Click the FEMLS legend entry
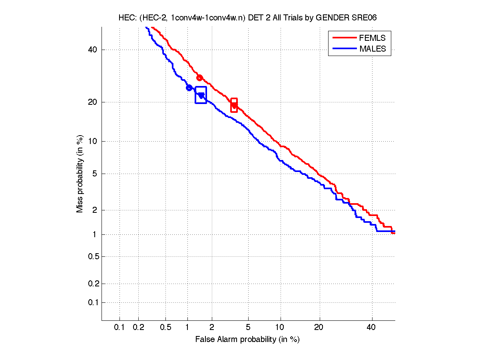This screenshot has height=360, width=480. coord(372,38)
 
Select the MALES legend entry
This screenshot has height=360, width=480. coord(372,49)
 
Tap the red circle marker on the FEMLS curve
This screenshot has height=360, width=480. coord(199,78)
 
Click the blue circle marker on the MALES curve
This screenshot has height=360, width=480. coord(189,88)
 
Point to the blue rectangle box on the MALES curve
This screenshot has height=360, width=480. coord(201,95)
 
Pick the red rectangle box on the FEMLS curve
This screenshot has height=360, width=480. coord(234,105)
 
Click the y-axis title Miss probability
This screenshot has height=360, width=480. coord(80,173)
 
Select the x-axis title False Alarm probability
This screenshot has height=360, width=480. coord(247,340)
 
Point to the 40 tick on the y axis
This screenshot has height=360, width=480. coord(93,50)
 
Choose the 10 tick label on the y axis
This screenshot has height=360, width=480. coord(93,141)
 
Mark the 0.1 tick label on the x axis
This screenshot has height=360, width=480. coord(120,328)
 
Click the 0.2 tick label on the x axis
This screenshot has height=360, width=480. coord(138,328)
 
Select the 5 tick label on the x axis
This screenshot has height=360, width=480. coord(248,328)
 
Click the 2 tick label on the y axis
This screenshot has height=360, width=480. coord(94,210)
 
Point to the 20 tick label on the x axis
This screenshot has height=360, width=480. coord(318,328)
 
